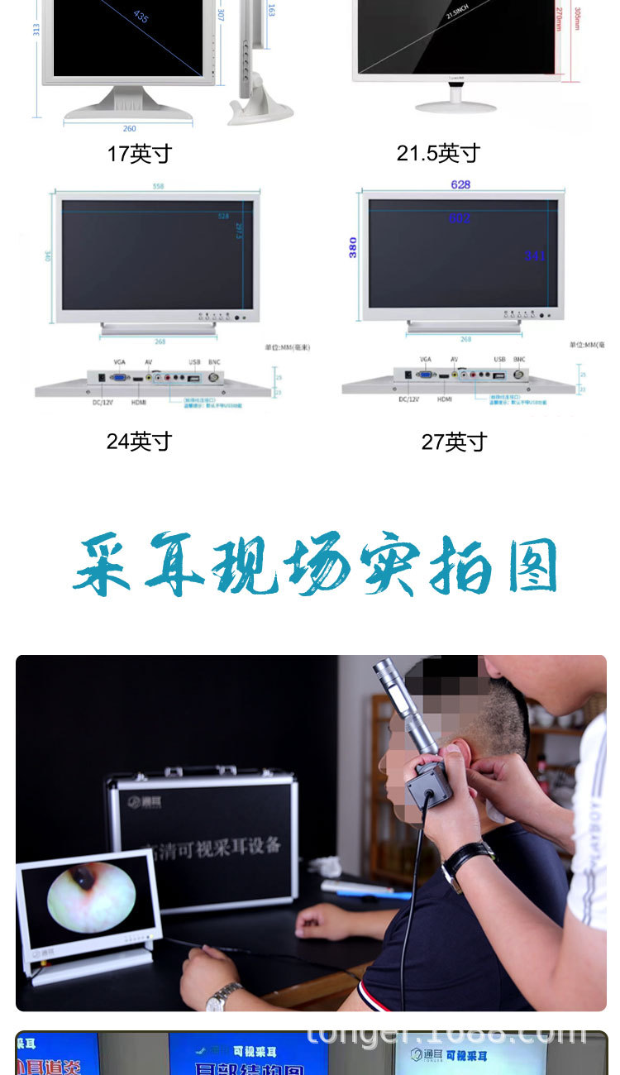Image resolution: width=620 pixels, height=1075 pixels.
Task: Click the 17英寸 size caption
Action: pos(139,154)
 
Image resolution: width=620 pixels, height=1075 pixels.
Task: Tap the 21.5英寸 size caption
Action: pos(438,153)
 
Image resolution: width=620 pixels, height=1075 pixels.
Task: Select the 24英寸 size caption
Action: pos(139,442)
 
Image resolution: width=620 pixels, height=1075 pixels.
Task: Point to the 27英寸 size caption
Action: pos(454,442)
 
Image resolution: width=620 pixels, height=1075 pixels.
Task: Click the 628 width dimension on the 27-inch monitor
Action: pos(460,184)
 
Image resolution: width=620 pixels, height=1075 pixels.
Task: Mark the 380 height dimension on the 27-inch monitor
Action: pos(353,247)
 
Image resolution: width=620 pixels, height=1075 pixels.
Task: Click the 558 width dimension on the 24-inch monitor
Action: pos(158,186)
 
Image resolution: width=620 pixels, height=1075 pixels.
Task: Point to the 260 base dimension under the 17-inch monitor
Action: pos(130,128)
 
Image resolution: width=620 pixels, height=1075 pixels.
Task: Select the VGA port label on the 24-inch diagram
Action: pos(119,362)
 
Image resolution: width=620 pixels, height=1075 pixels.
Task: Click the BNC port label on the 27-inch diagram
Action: pos(519,360)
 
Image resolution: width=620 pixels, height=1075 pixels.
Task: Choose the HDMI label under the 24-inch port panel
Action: pos(139,401)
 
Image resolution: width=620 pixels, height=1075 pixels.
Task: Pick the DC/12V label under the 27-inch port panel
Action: pos(409,399)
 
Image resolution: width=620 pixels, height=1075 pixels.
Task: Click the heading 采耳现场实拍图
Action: pos(315,566)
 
